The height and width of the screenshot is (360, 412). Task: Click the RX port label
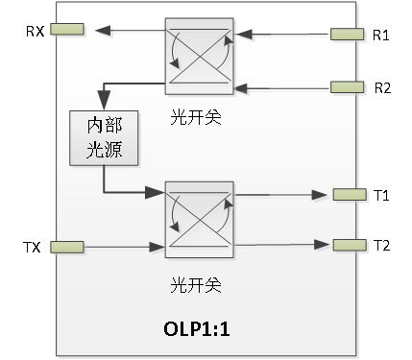tap(34, 31)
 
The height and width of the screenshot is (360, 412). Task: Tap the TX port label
tap(34, 249)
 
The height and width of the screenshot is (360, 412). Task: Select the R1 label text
tap(381, 36)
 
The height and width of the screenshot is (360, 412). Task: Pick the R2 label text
tap(381, 87)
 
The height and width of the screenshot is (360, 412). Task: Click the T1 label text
tap(381, 196)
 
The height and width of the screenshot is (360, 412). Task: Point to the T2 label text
tap(381, 244)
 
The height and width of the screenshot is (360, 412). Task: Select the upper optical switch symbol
tap(199, 57)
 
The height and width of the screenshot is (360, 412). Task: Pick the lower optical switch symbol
tap(199, 220)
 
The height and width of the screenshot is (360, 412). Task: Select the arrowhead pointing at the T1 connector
tap(324, 195)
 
